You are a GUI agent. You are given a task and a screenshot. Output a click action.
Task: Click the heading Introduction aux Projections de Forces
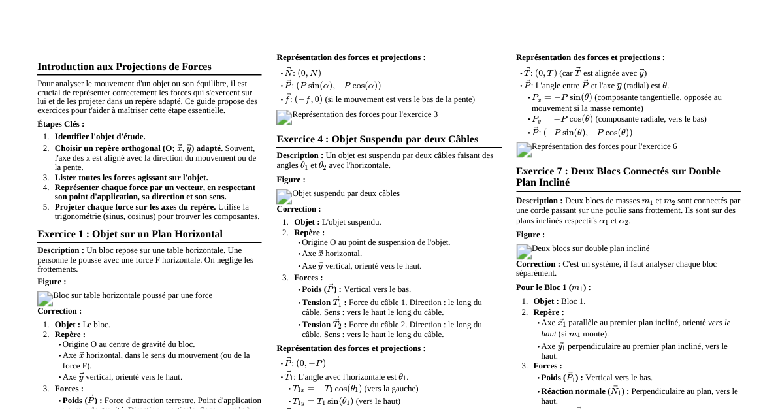(124, 67)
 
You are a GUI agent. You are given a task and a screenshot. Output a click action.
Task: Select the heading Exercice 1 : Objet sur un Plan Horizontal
(130, 234)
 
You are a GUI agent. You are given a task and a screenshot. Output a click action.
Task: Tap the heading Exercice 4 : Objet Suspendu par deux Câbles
(377, 139)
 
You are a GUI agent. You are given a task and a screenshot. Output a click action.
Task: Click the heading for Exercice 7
(618, 176)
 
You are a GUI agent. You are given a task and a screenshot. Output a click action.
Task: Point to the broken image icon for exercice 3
(284, 118)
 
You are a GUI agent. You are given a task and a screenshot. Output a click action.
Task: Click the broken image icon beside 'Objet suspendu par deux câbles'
(284, 197)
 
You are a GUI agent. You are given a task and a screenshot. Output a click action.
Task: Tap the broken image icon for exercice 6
(524, 150)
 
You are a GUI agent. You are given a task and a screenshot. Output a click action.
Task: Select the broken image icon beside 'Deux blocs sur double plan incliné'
(524, 252)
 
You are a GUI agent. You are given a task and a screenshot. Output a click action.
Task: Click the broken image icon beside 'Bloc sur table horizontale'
(45, 299)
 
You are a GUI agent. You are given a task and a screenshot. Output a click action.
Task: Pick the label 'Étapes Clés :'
(61, 124)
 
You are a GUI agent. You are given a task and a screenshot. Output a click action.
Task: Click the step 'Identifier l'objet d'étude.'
(100, 137)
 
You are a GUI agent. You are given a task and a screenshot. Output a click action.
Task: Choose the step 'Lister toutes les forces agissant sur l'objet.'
(131, 178)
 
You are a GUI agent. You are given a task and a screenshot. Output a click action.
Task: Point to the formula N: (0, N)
(303, 73)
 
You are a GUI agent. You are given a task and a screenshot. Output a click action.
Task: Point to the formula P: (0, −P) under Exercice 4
(304, 363)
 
